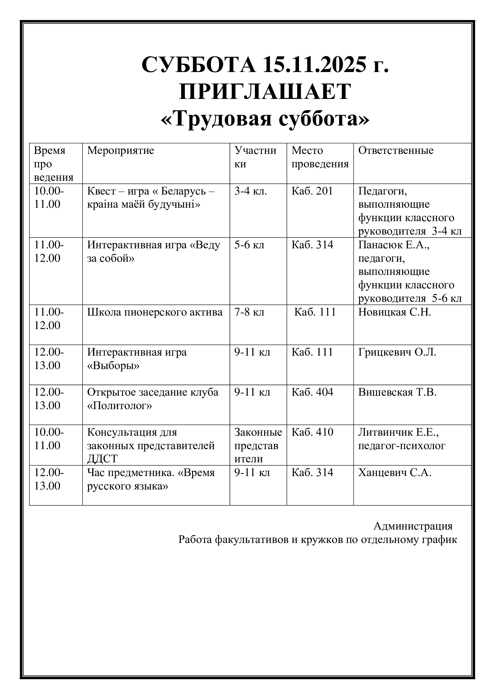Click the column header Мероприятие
click(x=121, y=150)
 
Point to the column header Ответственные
click(x=396, y=150)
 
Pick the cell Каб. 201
click(x=312, y=191)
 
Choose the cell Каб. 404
click(x=312, y=392)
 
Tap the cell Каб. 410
click(x=312, y=432)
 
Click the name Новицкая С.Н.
click(x=394, y=312)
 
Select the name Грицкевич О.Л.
click(x=397, y=352)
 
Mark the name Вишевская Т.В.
click(x=397, y=392)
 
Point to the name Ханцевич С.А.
click(x=395, y=473)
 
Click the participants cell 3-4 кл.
click(x=250, y=191)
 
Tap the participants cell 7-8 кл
click(x=249, y=312)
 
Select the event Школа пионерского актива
click(x=155, y=312)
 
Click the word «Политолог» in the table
click(x=119, y=406)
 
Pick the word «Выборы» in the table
click(x=113, y=365)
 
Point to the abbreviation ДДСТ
click(x=102, y=459)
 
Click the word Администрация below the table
click(x=413, y=526)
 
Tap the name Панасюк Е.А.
click(x=394, y=245)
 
